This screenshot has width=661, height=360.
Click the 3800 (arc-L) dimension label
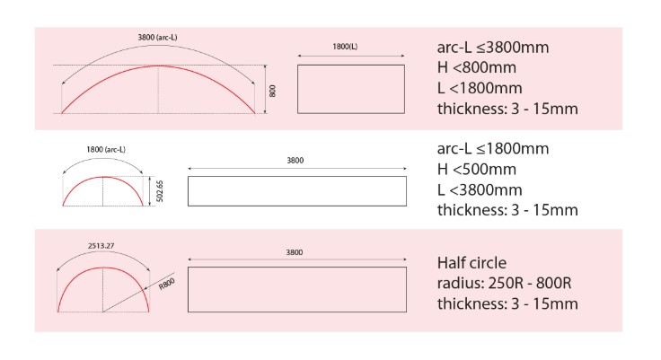pyautogui.click(x=157, y=38)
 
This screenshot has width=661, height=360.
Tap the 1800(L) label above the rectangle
pyautogui.click(x=345, y=47)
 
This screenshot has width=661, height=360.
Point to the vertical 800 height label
pyautogui.click(x=272, y=91)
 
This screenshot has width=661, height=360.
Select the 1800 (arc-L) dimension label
pyautogui.click(x=106, y=150)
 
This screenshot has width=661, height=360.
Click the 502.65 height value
pyautogui.click(x=160, y=191)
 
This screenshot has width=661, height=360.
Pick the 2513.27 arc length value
pyautogui.click(x=101, y=246)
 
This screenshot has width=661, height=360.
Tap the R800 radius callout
pyautogui.click(x=166, y=284)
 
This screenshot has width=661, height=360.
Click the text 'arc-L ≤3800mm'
pyautogui.click(x=493, y=48)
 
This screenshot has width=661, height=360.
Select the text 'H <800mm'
pyautogui.click(x=476, y=67)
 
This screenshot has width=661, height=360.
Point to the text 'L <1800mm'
pyautogui.click(x=480, y=88)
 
